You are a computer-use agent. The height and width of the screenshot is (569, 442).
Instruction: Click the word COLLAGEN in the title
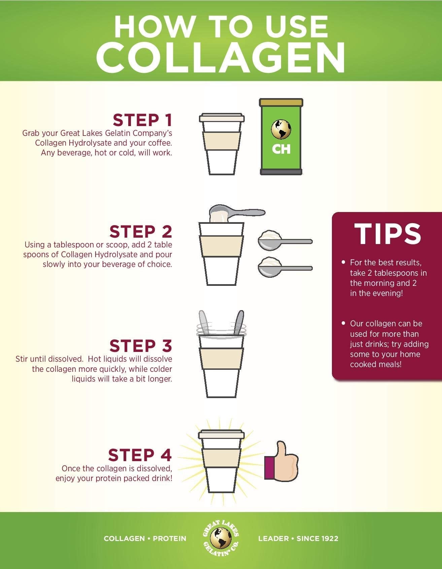(x=220, y=58)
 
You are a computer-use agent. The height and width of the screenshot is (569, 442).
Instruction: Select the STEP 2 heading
(x=140, y=232)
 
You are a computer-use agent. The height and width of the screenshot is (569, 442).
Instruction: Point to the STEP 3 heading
(x=140, y=346)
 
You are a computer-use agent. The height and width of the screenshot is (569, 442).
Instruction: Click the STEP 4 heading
(x=140, y=455)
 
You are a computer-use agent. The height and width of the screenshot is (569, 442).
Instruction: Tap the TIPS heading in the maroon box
(x=387, y=234)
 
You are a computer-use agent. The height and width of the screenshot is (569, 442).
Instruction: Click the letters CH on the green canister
(x=281, y=149)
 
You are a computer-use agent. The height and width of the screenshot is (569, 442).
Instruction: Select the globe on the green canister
(x=281, y=129)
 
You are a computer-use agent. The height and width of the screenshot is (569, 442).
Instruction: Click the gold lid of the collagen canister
(x=281, y=102)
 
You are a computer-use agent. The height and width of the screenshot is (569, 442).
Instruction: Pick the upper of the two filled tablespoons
(x=284, y=240)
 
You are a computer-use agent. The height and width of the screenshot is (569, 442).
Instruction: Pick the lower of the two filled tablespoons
(x=284, y=267)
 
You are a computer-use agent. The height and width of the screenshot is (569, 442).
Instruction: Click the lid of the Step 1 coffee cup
(x=222, y=118)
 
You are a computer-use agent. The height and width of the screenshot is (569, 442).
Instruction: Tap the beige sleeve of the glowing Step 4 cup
(x=221, y=458)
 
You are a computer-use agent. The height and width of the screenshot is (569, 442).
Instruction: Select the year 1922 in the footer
(x=328, y=538)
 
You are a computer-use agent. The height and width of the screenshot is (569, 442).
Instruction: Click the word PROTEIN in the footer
(x=169, y=538)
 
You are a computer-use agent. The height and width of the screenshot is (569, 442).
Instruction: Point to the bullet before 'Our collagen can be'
(x=343, y=323)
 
